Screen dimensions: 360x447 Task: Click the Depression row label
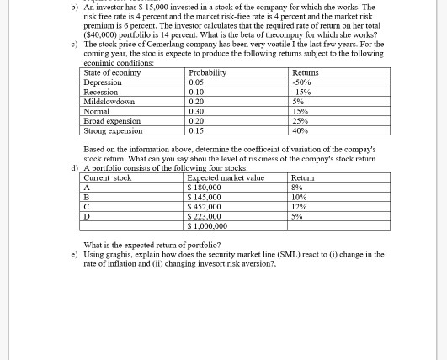(x=103, y=82)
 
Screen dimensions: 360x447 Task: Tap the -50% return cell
(x=301, y=82)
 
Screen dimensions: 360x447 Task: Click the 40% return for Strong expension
(x=300, y=130)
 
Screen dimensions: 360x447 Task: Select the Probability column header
(x=207, y=73)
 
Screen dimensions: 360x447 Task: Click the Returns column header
(x=305, y=73)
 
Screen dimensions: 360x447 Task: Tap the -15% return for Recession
(x=301, y=93)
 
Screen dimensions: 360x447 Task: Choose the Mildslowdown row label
(x=109, y=102)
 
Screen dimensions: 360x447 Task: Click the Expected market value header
(x=225, y=177)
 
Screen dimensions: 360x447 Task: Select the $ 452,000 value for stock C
(x=204, y=207)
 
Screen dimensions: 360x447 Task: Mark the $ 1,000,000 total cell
(x=207, y=226)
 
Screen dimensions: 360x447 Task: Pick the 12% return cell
(x=299, y=207)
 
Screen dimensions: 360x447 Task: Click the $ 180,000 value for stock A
(x=204, y=188)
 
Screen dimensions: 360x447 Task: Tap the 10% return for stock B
(x=299, y=197)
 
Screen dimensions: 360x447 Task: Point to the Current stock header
(x=108, y=177)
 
